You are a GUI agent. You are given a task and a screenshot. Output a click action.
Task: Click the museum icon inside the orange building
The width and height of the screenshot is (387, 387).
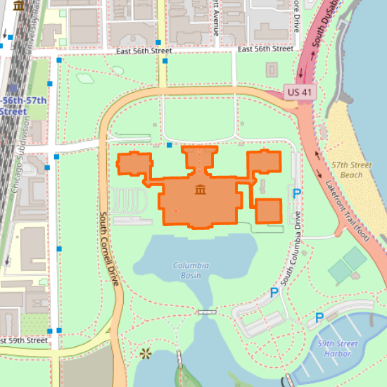[x=201, y=191]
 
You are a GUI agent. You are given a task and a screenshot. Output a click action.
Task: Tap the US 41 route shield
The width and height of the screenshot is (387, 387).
[x=299, y=91]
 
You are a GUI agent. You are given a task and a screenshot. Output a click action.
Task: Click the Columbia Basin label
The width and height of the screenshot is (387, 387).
[x=191, y=270]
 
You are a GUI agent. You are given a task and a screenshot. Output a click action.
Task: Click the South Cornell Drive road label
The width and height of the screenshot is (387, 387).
[x=108, y=248]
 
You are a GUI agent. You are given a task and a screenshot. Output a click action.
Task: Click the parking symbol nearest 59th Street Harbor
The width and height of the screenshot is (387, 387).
[x=319, y=317]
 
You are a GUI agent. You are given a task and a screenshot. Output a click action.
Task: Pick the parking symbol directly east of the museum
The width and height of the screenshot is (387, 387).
[x=297, y=193]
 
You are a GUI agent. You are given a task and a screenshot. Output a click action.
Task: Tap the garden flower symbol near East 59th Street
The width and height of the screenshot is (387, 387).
[x=146, y=353]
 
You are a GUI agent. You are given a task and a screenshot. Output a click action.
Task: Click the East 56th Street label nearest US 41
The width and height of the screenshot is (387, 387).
[x=265, y=49]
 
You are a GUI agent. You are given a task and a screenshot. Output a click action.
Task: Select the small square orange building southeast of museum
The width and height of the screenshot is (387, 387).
[x=268, y=210]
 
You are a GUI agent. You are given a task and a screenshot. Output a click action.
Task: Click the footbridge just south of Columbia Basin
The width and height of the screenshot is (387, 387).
[x=206, y=311]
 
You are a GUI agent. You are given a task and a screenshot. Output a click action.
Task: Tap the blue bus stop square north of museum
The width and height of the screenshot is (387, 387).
[x=170, y=145]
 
